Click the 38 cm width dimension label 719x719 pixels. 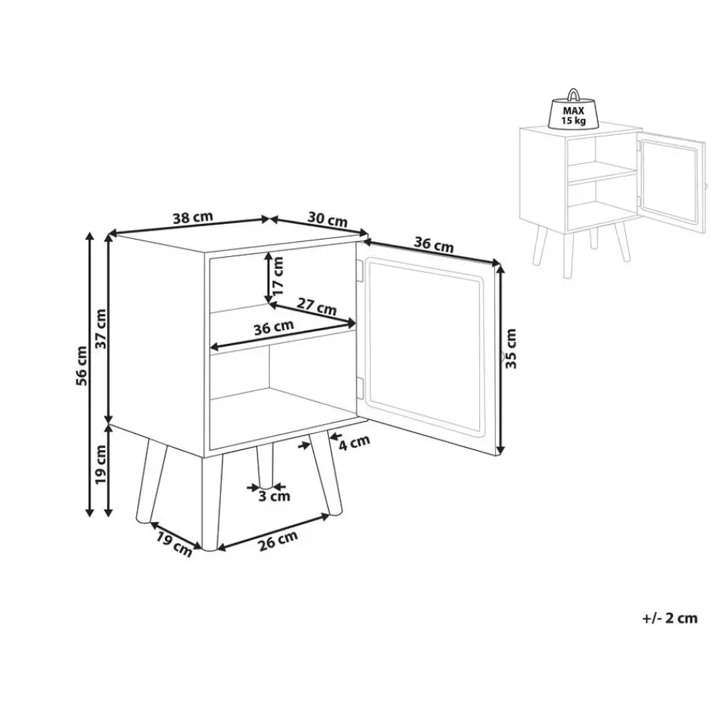tap(192, 217)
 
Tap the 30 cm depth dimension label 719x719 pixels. tap(327, 219)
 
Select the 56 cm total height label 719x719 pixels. tap(82, 365)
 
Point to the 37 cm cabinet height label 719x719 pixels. tap(100, 329)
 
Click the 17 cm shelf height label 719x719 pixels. tap(277, 276)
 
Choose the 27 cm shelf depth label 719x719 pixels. tap(316, 306)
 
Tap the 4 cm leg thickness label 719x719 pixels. tap(354, 443)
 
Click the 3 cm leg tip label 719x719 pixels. tap(274, 496)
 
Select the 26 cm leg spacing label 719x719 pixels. tap(279, 540)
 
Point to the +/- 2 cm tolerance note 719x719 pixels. tap(670, 618)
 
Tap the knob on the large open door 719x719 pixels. tap(501, 356)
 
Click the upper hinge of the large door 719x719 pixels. tap(359, 270)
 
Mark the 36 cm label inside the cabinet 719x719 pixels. tap(274, 327)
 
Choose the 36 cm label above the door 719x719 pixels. tap(434, 244)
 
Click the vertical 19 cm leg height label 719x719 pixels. tap(100, 464)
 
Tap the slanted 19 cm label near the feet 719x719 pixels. tap(173, 544)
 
